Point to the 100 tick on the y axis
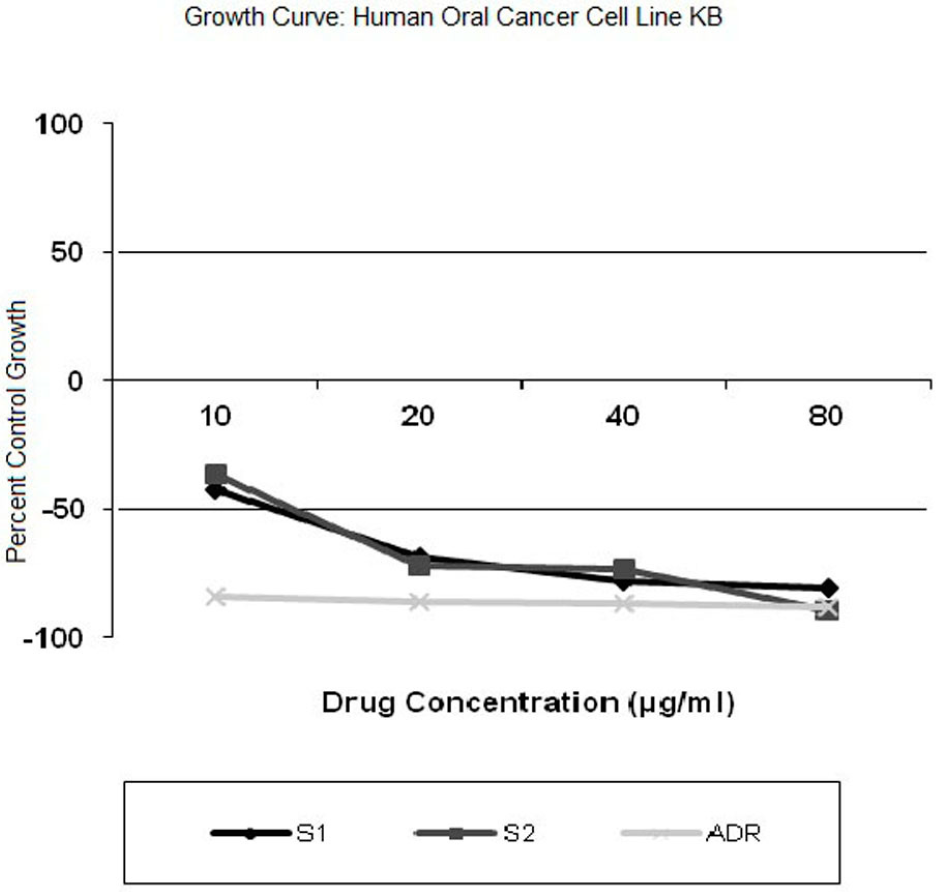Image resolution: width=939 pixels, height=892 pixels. (x=59, y=124)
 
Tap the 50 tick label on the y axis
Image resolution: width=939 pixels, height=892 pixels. (x=66, y=252)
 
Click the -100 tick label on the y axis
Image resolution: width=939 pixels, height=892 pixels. (x=53, y=638)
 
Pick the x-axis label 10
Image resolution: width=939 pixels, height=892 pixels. (x=215, y=416)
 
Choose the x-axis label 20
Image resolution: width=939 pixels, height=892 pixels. (x=418, y=416)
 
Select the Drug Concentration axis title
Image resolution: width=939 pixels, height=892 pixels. (x=528, y=703)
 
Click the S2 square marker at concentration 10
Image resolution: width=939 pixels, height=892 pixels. (x=215, y=475)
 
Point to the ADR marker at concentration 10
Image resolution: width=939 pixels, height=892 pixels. (x=216, y=597)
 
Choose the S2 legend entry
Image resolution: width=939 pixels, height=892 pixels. (x=474, y=833)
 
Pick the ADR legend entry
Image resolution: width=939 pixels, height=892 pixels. (x=691, y=833)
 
